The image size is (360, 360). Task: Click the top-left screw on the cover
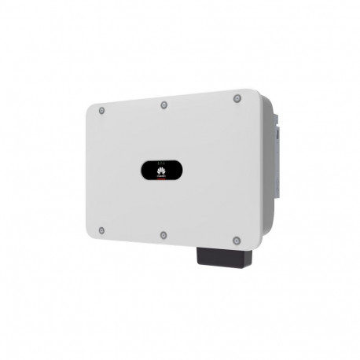pos(101,110)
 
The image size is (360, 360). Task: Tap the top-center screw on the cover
pos(163,105)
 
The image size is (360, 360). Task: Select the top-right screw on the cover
pos(237,98)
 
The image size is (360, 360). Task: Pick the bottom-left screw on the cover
pos(101,230)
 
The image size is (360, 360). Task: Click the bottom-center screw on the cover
pos(163,234)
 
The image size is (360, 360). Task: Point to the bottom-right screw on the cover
pos(237,239)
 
